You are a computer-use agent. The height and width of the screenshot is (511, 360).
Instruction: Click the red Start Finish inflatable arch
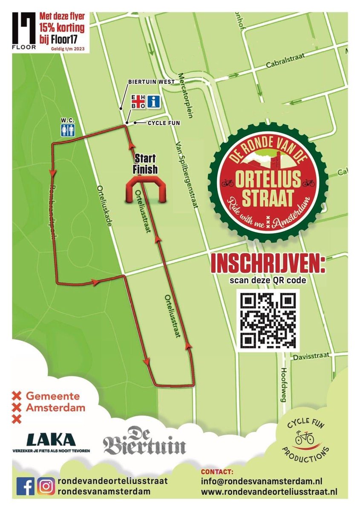pos(146,189)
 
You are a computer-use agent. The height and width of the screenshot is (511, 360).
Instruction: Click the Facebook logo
pos(25,486)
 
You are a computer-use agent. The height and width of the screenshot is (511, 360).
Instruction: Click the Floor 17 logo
pos(24,30)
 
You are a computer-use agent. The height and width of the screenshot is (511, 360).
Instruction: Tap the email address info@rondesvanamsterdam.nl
pos(261,481)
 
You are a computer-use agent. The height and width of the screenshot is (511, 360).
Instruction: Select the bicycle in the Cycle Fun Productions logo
pos(304,438)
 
